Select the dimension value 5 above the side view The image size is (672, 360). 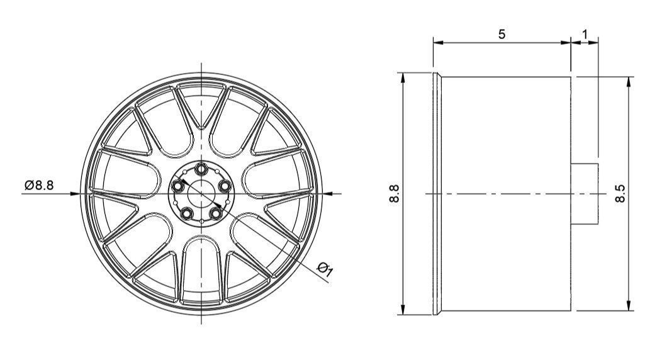501,34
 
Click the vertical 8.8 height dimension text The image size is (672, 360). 395,194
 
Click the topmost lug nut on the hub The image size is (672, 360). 201,169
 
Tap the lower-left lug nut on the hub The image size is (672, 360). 187,213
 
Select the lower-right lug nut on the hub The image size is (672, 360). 216,213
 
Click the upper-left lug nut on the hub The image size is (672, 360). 178,186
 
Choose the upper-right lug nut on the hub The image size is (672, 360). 225,186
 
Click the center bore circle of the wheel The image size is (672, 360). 201,194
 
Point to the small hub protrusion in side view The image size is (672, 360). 584,194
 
